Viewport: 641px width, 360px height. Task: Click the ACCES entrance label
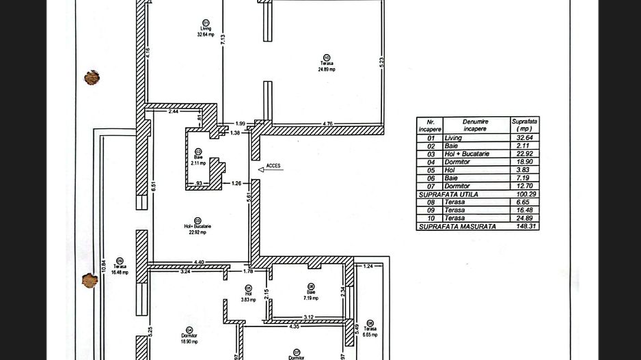(x=273, y=166)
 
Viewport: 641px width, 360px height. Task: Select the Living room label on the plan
(x=205, y=28)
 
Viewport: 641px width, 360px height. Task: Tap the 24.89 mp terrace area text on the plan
(x=327, y=69)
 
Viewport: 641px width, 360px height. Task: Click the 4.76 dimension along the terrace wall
(x=327, y=124)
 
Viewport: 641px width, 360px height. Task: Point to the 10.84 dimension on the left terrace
(x=103, y=263)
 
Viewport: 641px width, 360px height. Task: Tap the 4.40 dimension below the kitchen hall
(x=199, y=261)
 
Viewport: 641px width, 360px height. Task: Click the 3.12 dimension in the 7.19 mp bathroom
(x=308, y=316)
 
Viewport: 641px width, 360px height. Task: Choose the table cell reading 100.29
(x=524, y=195)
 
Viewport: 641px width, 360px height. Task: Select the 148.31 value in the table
(x=524, y=226)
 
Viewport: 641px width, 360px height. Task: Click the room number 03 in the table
(x=431, y=154)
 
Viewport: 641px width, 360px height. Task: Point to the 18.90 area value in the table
(x=524, y=162)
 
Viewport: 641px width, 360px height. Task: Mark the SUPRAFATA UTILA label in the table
(x=450, y=195)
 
